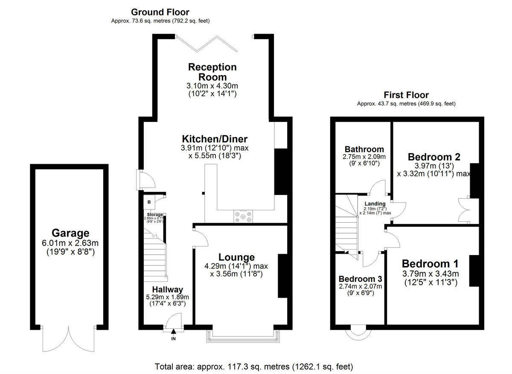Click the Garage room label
[70, 233]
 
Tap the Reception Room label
[212, 72]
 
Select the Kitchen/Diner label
[215, 139]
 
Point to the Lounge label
[236, 257]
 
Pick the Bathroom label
[364, 149]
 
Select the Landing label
[375, 204]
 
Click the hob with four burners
[243, 217]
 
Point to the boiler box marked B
[149, 202]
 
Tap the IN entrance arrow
[173, 331]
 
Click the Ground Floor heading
[160, 12]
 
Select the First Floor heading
[406, 95]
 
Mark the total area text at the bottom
[253, 366]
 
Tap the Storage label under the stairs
[155, 215]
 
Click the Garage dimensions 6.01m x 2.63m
[70, 244]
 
